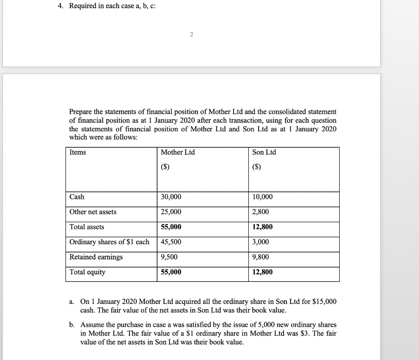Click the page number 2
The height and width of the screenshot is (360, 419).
[x=191, y=34]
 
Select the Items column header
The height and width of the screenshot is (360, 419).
[x=78, y=152]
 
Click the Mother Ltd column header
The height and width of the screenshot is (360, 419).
[x=178, y=152]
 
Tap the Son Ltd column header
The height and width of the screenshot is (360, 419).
[x=264, y=152]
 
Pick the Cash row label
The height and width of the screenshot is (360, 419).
[x=77, y=197]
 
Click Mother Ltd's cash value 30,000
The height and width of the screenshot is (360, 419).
[x=171, y=197]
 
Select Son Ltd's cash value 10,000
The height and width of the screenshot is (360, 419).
[x=263, y=197]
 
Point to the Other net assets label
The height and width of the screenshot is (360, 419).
[x=93, y=212]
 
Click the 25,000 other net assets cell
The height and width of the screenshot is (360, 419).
[x=171, y=212]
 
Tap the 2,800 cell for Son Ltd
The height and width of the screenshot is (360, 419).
[x=261, y=212]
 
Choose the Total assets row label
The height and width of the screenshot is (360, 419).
[x=87, y=227]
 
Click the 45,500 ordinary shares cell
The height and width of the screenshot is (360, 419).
[x=171, y=242]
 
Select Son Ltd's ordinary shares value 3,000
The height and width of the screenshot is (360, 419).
[x=261, y=242]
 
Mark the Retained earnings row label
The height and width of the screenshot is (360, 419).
[x=96, y=257]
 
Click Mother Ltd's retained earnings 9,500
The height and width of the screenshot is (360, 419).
[x=169, y=257]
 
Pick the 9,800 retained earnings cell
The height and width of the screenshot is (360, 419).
[x=261, y=257]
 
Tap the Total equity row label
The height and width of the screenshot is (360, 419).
[x=87, y=272]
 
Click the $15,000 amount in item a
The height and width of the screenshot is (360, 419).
[x=324, y=302]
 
